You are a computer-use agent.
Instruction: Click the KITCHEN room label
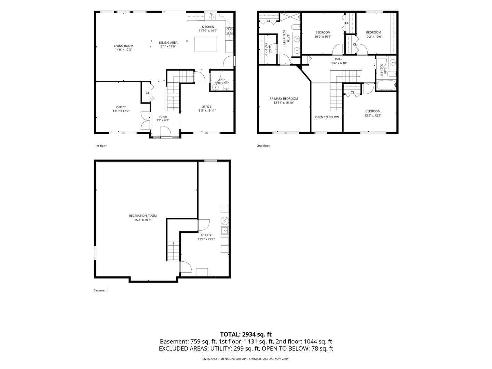pos(208,27)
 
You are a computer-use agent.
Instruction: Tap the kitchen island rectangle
pos(206,44)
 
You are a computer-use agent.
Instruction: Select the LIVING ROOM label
pos(123,46)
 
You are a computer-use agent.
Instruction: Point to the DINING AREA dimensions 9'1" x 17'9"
pos(168,46)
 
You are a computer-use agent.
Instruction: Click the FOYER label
pos(163,117)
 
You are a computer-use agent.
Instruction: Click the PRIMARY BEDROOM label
pos(284,99)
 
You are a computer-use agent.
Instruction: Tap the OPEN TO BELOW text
pos(327,117)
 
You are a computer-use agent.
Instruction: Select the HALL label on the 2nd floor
pos(339,59)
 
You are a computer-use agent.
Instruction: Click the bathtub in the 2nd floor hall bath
pos(386,85)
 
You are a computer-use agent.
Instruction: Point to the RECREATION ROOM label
pos(143,216)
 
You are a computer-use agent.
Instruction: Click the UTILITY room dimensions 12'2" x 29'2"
pos(206,239)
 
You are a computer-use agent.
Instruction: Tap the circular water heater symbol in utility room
pos(224,221)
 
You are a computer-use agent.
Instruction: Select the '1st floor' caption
pos(101,146)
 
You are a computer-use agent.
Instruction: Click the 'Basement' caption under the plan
pos(100,290)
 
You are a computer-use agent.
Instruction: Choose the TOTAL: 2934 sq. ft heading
pos(246,334)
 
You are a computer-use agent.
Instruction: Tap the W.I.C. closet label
pos(270,50)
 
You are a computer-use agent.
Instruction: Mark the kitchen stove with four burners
pos(229,31)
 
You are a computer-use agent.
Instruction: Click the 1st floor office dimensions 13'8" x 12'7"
pos(121,111)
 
